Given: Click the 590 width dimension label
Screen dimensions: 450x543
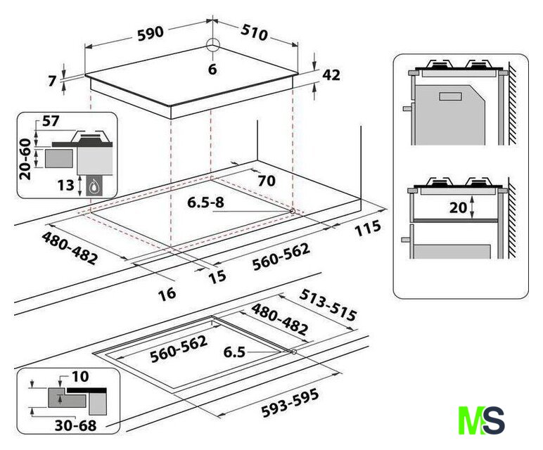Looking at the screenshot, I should click(x=149, y=32).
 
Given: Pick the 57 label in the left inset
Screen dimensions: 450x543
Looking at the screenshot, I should click(x=50, y=122).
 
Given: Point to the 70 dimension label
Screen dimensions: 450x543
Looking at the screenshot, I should click(x=266, y=180).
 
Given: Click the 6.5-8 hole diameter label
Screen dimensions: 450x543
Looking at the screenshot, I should click(x=205, y=203).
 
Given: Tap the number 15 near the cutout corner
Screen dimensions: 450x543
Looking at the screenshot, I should click(x=217, y=276).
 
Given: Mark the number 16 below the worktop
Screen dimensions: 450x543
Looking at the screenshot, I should click(x=167, y=293).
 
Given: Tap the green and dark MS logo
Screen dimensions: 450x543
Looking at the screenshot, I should click(x=481, y=420).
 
